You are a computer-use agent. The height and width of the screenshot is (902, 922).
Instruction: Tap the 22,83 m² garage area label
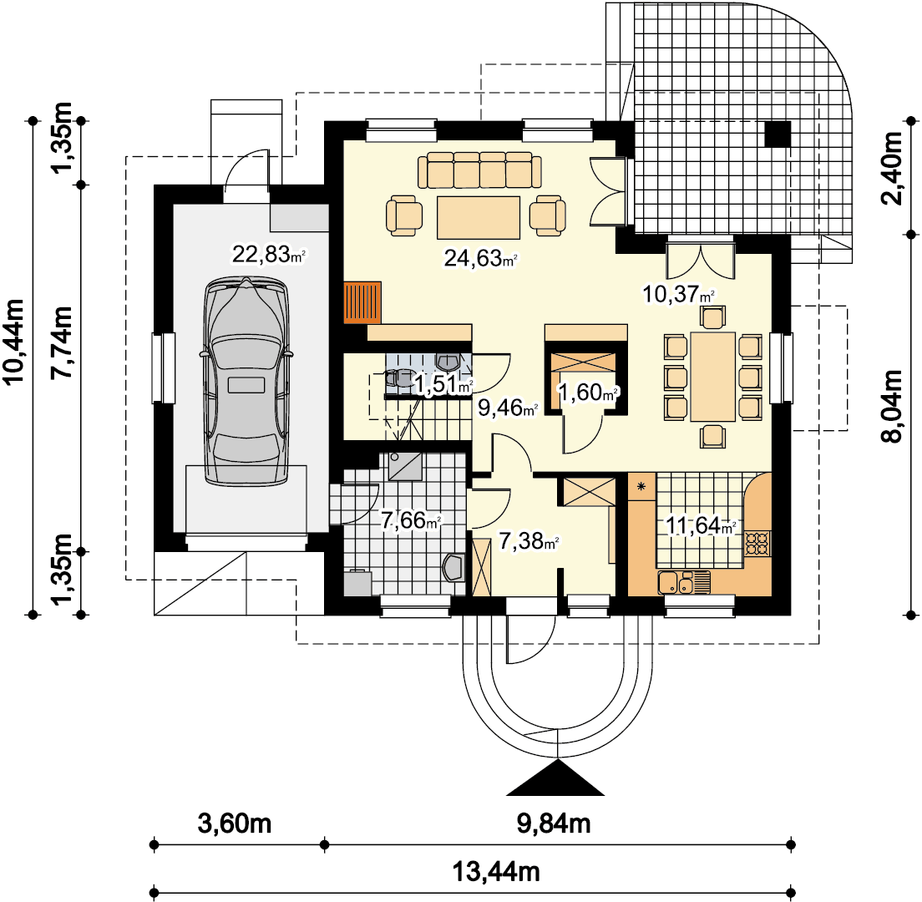[x=269, y=255]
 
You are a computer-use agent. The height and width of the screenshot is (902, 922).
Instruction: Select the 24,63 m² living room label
[x=480, y=258]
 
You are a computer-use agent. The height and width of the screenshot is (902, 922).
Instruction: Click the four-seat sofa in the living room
[x=480, y=170]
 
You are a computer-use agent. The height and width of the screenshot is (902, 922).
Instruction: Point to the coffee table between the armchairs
[x=478, y=217]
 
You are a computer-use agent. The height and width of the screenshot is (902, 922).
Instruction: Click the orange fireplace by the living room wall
[x=362, y=302]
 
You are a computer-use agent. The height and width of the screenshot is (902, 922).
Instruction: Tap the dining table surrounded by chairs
[x=712, y=377]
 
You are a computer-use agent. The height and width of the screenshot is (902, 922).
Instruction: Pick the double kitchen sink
[x=683, y=583]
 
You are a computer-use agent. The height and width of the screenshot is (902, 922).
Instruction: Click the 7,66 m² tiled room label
[x=411, y=519]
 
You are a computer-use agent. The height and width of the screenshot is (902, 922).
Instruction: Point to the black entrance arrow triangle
[x=555, y=778]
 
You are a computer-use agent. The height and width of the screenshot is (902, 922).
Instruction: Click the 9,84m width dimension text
[x=554, y=823]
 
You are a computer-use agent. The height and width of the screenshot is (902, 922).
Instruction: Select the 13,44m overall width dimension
[x=496, y=871]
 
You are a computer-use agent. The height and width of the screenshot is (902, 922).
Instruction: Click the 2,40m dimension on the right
[x=891, y=168]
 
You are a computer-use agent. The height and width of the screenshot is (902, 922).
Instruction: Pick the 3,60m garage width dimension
[x=235, y=823]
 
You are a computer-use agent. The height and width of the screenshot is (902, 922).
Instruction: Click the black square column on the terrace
[x=778, y=134]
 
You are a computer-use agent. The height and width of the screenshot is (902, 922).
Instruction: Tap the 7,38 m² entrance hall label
[x=529, y=541]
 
